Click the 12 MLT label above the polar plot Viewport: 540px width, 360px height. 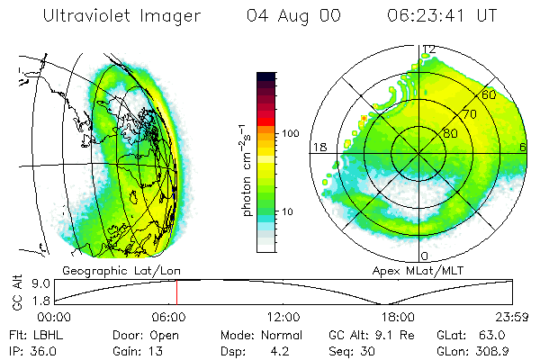click(x=429, y=49)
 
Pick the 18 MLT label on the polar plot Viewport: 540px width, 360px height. click(x=318, y=147)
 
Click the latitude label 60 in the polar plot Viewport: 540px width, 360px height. click(x=490, y=94)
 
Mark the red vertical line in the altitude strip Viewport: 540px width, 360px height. click(x=176, y=292)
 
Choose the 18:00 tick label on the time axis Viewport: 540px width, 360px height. click(x=398, y=317)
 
